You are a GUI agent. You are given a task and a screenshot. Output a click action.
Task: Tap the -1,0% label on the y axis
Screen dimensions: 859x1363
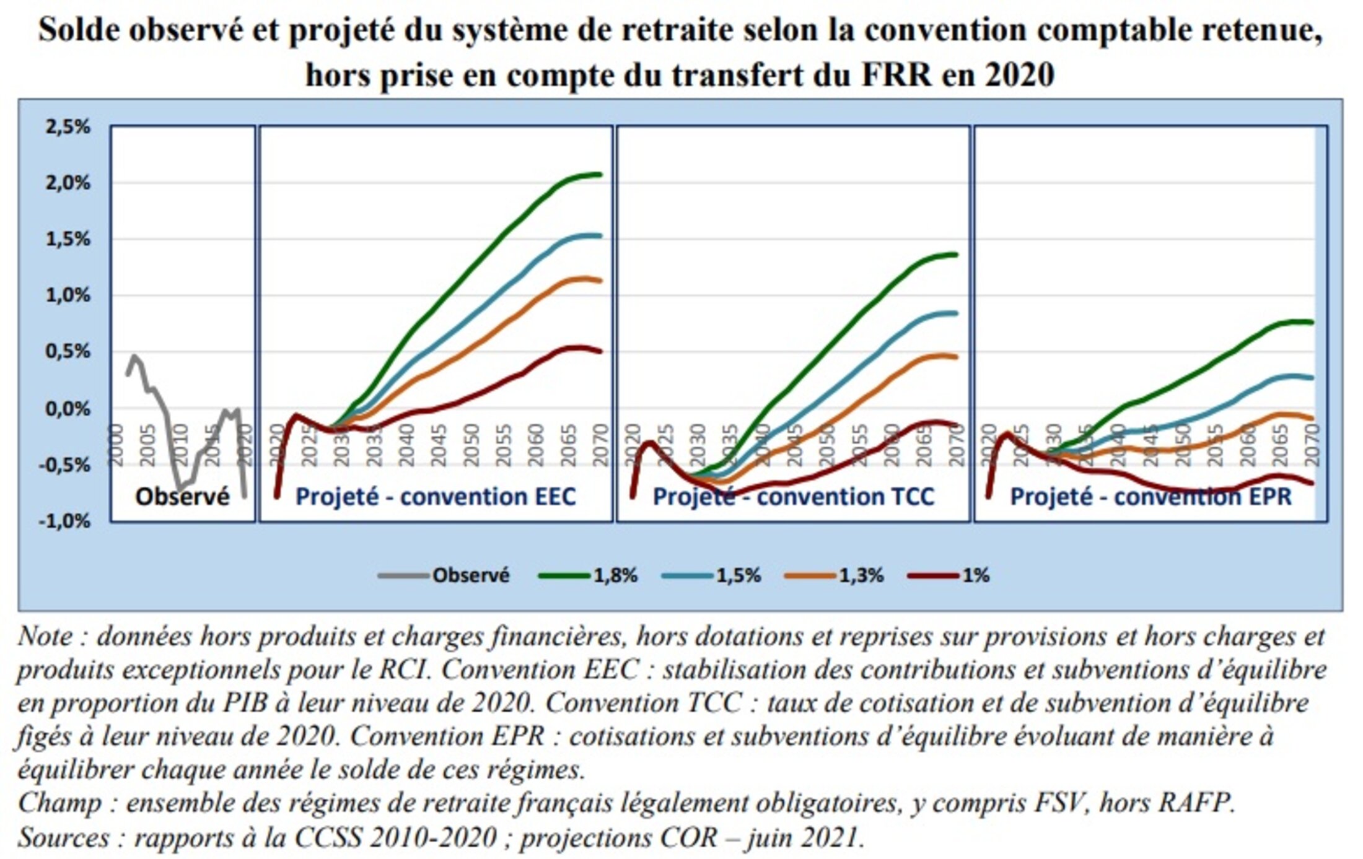[65, 521]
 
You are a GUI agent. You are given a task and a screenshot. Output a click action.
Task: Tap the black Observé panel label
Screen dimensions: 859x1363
[182, 497]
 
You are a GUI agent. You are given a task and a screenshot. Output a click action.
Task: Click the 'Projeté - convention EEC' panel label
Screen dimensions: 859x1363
[436, 497]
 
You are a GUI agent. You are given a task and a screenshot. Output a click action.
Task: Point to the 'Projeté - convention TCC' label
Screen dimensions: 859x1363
[793, 497]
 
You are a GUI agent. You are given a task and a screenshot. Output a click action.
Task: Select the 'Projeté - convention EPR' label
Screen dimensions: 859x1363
[1150, 497]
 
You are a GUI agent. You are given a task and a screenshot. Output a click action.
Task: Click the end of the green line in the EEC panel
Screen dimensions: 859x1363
[600, 174]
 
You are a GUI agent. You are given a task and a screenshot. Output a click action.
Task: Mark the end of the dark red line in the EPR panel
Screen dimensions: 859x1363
[1312, 484]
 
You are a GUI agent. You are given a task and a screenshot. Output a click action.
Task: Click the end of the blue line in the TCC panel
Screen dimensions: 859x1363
[957, 313]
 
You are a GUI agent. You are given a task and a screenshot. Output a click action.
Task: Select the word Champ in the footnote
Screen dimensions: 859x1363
[59, 803]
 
